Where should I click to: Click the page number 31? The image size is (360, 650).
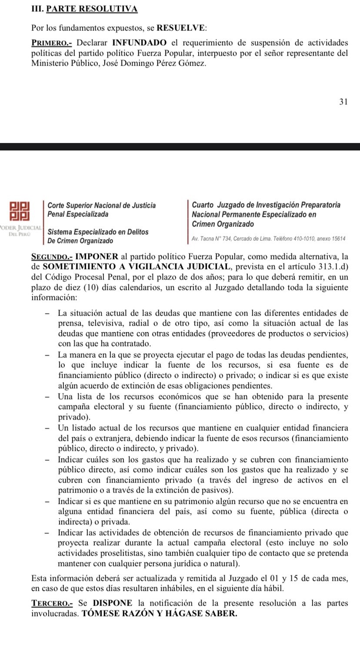click(343, 102)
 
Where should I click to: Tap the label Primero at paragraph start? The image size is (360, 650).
click(49, 43)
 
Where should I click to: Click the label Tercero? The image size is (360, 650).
click(50, 603)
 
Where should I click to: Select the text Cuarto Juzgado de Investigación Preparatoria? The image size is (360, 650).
click(266, 205)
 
